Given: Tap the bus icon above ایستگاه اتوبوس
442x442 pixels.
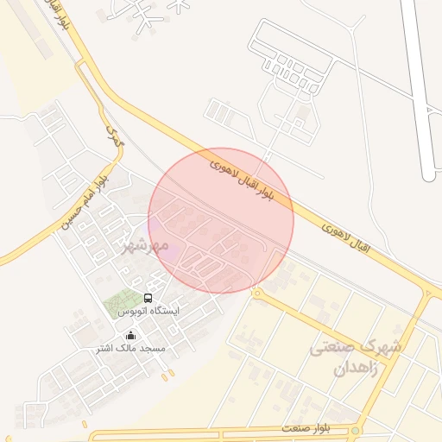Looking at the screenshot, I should [148, 297].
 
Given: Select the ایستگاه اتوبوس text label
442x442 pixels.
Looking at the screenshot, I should [148, 310].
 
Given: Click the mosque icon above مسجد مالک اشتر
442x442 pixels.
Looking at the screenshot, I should [130, 335].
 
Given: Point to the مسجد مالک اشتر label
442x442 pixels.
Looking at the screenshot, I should [130, 348].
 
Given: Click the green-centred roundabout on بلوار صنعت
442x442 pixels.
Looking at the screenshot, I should [355, 429].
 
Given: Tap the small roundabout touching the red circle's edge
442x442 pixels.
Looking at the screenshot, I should [256, 294].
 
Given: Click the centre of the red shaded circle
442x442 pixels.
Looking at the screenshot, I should [221, 220].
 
